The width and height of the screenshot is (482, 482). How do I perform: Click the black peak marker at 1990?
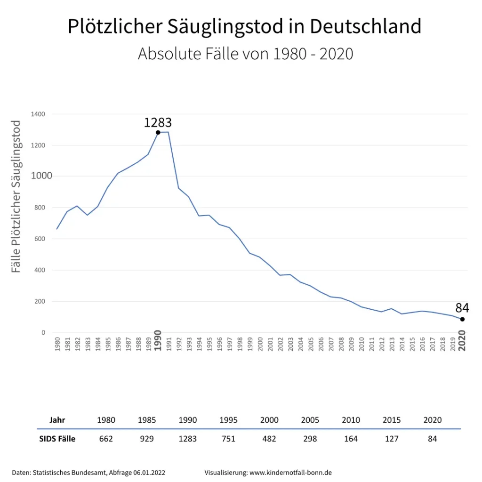[158, 132]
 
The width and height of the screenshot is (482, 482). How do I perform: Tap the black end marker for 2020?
[462, 319]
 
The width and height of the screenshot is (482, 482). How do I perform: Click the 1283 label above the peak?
[158, 123]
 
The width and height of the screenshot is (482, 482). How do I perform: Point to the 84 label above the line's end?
[462, 308]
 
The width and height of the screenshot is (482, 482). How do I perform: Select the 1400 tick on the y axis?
[38, 114]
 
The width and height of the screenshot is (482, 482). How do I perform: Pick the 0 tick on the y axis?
[43, 333]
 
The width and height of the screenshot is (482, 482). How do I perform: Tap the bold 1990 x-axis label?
[158, 340]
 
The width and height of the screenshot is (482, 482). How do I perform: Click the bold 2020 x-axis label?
[462, 340]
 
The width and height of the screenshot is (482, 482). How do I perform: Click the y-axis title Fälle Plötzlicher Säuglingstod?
[16, 197]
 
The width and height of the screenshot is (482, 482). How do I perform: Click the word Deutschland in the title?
[366, 26]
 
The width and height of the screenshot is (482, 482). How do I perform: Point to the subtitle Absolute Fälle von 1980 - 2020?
[245, 54]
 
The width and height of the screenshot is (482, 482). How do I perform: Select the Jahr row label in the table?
[57, 420]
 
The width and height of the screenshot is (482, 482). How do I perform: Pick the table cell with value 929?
[147, 439]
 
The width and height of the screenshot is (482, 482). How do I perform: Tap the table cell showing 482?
[269, 439]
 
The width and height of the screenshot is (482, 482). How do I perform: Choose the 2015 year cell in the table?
[392, 420]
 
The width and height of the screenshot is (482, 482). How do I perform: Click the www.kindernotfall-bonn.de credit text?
[290, 472]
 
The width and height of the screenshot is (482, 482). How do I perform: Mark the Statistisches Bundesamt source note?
[88, 472]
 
